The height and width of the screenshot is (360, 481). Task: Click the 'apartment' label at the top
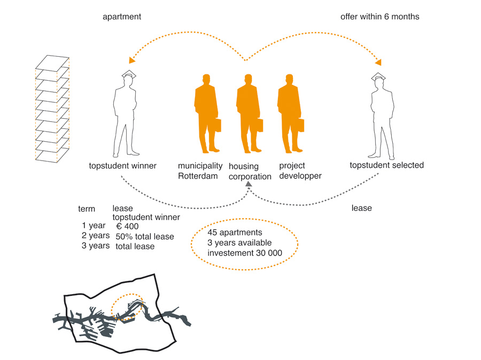[122, 17]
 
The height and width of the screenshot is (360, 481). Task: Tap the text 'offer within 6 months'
[379, 17]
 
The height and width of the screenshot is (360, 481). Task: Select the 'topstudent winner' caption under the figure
[122, 166]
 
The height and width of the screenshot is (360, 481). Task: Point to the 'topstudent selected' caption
[386, 165]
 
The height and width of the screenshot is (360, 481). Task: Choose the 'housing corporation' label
[250, 172]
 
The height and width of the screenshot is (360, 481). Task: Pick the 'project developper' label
[300, 171]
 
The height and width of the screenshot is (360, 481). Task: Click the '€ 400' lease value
[127, 226]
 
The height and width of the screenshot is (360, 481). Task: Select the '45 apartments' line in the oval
[235, 233]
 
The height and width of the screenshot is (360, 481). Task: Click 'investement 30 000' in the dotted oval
[245, 252]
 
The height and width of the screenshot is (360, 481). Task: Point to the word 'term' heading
[87, 209]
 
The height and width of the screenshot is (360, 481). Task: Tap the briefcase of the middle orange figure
[259, 125]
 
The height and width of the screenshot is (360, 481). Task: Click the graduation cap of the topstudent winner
[129, 74]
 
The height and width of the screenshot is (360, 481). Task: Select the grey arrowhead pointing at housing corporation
[249, 185]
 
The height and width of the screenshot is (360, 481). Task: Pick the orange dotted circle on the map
[127, 307]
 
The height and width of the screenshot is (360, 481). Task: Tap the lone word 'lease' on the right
[361, 208]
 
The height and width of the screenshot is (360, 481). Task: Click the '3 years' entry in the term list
[96, 246]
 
